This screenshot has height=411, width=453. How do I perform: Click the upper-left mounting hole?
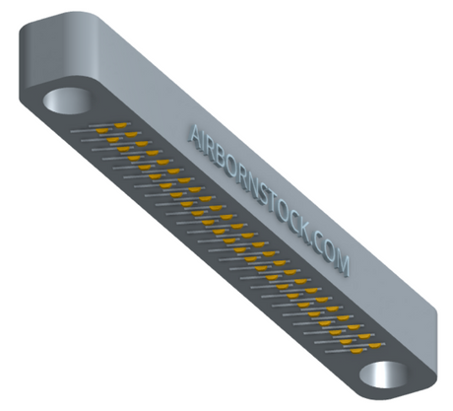(x=67, y=101)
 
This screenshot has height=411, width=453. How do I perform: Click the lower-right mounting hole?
(x=384, y=375)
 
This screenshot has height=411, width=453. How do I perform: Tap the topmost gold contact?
(x=121, y=125)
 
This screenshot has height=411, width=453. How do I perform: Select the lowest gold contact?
(x=356, y=351)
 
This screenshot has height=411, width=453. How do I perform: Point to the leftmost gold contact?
(x=101, y=131)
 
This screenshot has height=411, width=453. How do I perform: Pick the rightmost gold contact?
(x=375, y=345)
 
